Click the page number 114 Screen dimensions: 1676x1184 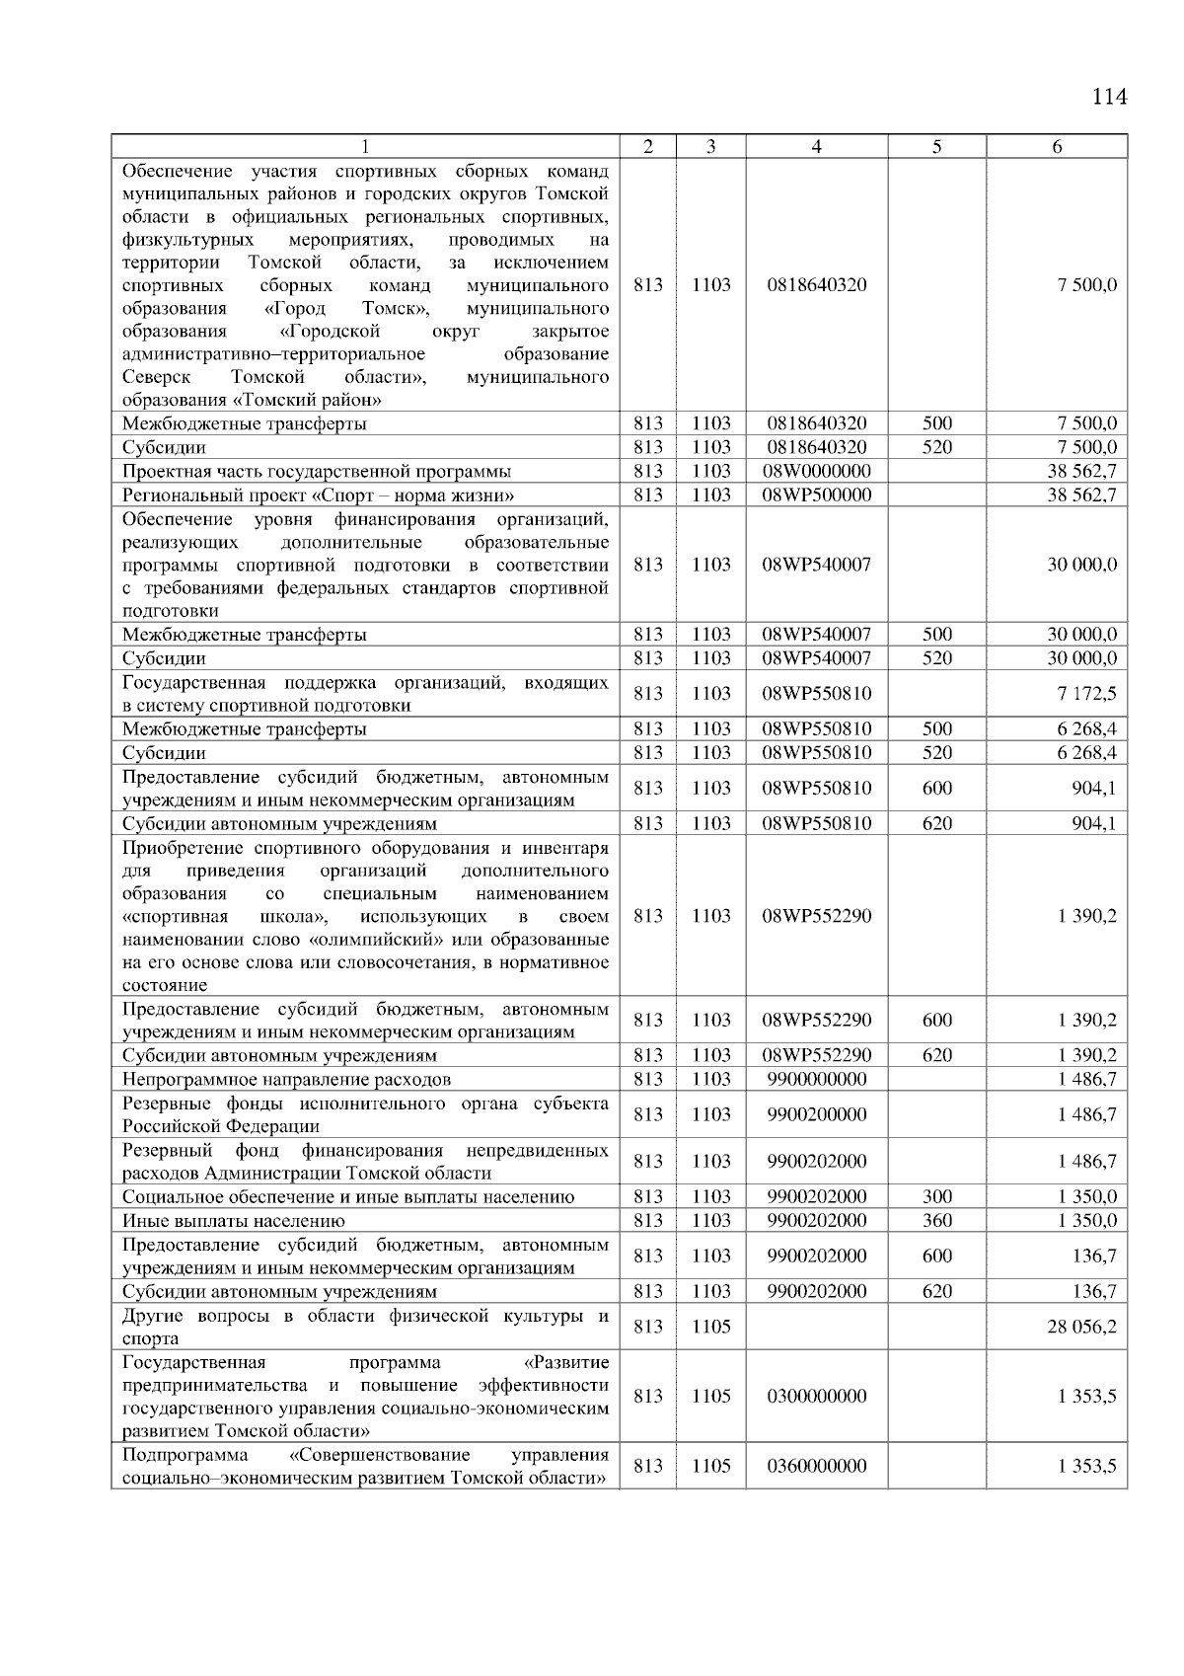click(1109, 97)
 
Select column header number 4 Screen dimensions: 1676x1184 click(816, 147)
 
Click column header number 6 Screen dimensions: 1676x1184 click(1057, 147)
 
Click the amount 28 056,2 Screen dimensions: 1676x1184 click(1081, 1327)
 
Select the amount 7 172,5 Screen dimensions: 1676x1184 click(1086, 694)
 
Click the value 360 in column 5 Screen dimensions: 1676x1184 click(936, 1221)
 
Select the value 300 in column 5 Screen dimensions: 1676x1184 click(936, 1197)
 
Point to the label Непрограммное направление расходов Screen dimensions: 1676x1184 click(286, 1079)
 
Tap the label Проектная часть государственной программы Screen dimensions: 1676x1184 click(316, 471)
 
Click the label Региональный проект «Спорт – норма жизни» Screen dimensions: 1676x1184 click(318, 495)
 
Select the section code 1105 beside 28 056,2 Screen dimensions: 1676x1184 click(710, 1327)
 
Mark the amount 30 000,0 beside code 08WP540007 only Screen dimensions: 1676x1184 click(1081, 565)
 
